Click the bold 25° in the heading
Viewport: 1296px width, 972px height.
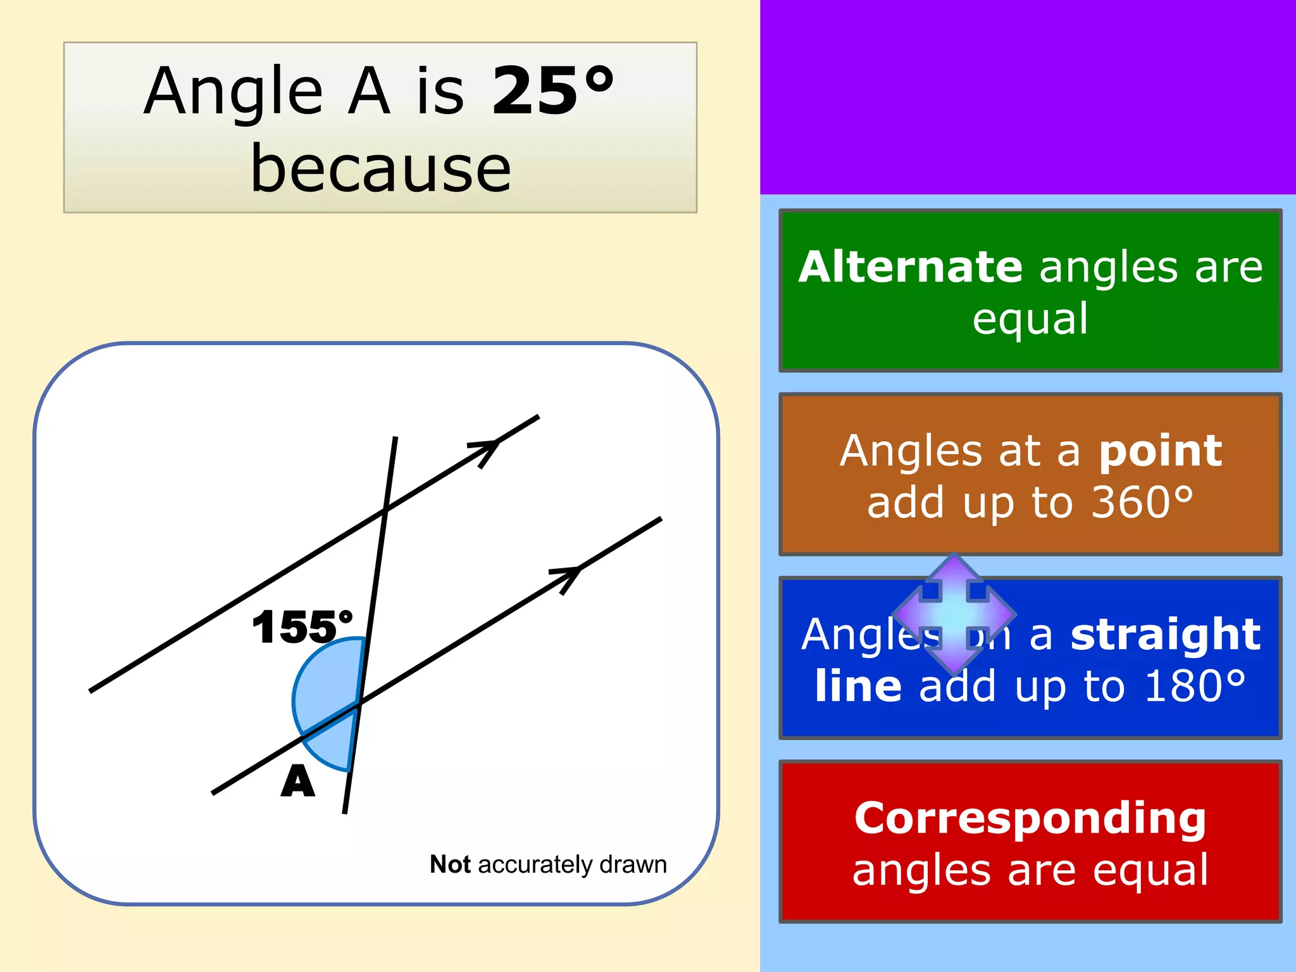click(x=552, y=91)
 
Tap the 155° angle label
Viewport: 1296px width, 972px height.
click(x=302, y=627)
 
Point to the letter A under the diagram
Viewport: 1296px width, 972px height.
click(x=297, y=782)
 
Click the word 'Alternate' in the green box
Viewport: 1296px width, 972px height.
click(x=910, y=266)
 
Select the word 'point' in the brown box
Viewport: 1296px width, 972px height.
click(x=1160, y=451)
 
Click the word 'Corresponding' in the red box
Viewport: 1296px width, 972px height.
click(x=1030, y=818)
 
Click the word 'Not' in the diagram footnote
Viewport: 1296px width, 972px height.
click(x=450, y=864)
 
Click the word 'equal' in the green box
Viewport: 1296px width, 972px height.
click(x=1030, y=318)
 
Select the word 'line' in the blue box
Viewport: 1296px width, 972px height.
click(x=858, y=686)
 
